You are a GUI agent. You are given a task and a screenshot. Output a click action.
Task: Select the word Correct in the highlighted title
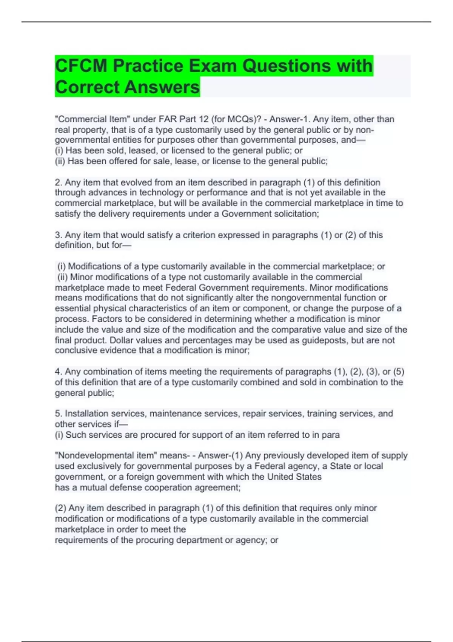pyautogui.click(x=87, y=87)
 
